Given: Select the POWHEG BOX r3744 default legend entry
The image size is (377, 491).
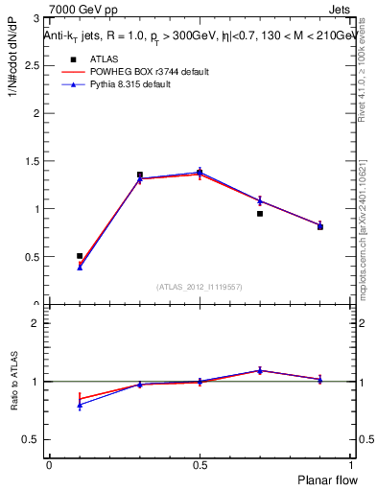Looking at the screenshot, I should [x=134, y=72].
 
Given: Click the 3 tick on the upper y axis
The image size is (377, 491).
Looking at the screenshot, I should [x=38, y=18].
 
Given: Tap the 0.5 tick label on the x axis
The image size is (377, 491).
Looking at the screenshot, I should [x=200, y=464].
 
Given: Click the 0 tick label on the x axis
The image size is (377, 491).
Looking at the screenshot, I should [x=50, y=464].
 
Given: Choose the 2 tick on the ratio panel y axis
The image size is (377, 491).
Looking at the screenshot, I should [x=38, y=323].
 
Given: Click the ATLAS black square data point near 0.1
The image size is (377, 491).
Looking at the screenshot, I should [x=80, y=256].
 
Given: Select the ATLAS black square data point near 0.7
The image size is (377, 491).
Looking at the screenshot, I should [x=260, y=214].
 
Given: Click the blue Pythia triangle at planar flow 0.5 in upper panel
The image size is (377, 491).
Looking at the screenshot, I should [x=200, y=172].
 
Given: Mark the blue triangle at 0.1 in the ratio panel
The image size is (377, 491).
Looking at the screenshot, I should [x=80, y=405].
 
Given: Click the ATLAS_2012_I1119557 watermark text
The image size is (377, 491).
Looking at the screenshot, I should [x=200, y=287].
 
